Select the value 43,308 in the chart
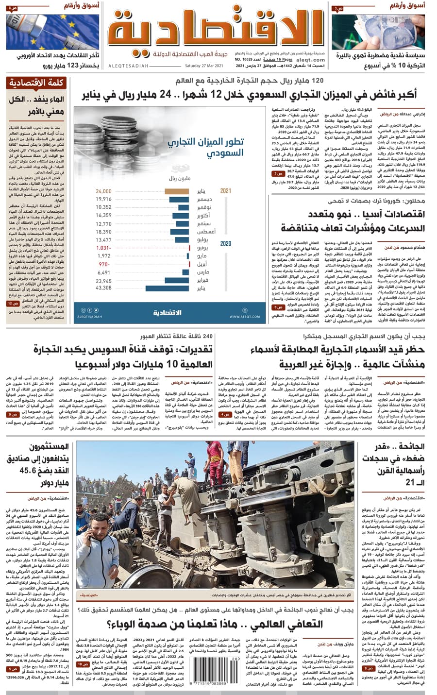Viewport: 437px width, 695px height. [x=103, y=288]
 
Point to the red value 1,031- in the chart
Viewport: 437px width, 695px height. [x=104, y=248]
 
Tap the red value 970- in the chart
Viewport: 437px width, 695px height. [x=104, y=264]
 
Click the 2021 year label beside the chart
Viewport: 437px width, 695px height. [x=225, y=191]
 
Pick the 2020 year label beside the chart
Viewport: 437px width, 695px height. [x=225, y=244]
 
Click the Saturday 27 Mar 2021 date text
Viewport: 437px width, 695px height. [x=204, y=66]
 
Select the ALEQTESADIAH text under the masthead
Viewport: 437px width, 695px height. [x=129, y=66]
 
